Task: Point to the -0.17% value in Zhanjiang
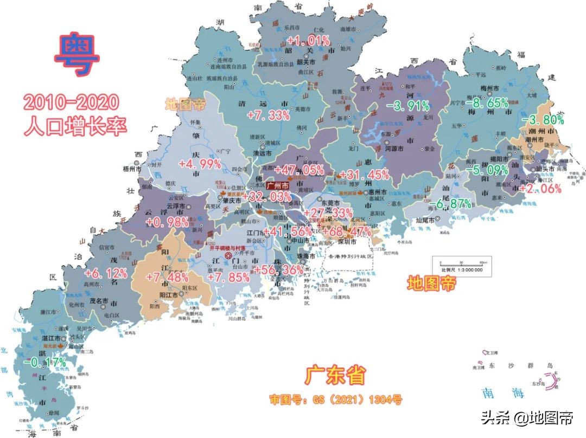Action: tap(48, 362)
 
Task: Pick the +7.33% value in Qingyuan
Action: tap(268, 115)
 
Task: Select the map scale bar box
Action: tap(461, 265)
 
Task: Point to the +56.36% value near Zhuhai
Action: tap(279, 269)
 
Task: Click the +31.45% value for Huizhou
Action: tap(363, 174)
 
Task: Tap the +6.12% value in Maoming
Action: tap(105, 273)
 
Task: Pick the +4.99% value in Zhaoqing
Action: tap(200, 164)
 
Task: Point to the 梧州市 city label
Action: tap(132, 169)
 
